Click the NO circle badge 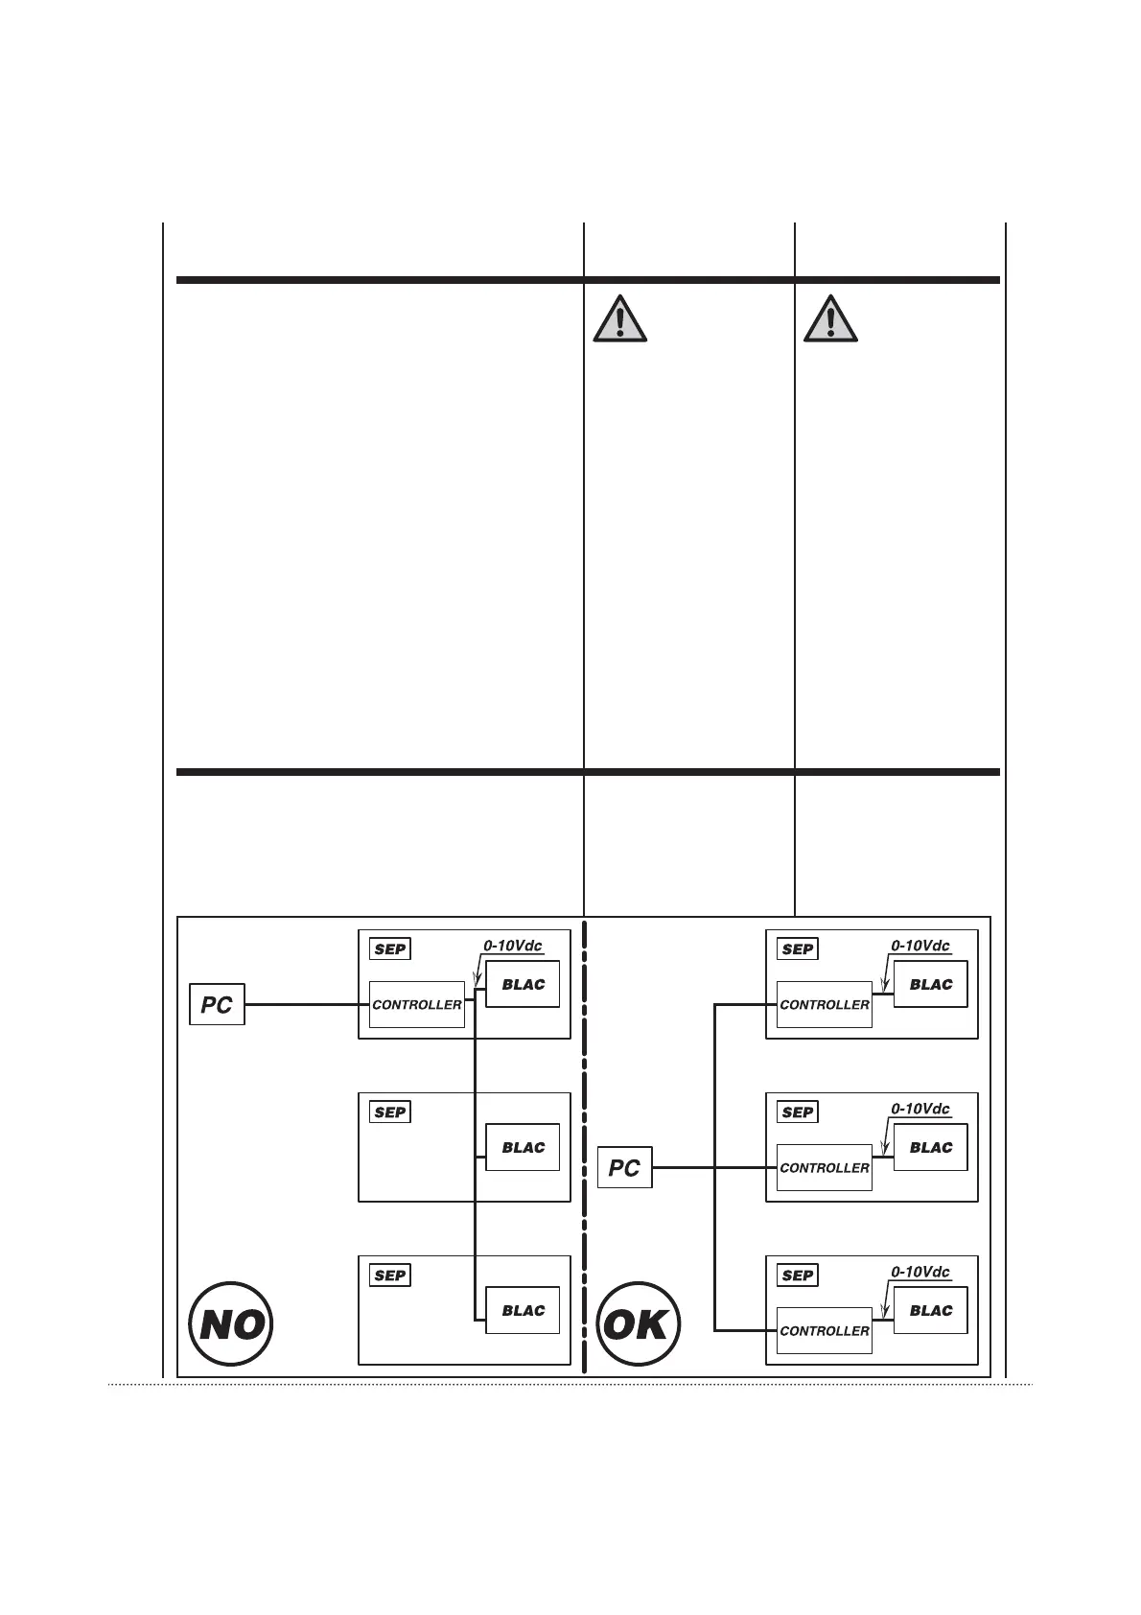(230, 1324)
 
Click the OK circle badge (639, 1324)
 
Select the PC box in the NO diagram (217, 1004)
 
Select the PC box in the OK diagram (624, 1167)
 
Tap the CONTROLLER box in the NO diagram (417, 1004)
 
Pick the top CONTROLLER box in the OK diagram (825, 1004)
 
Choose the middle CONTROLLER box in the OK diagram (825, 1167)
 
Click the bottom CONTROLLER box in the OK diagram (825, 1330)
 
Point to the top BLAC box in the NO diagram (523, 984)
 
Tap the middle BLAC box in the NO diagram (523, 1147)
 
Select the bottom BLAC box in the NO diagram (523, 1310)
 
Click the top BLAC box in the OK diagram (930, 984)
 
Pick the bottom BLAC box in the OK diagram (930, 1310)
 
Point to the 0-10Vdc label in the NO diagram (513, 945)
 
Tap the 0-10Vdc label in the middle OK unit (920, 1108)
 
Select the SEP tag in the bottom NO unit (390, 1275)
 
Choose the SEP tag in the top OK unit (798, 948)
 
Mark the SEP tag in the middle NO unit (390, 1112)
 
